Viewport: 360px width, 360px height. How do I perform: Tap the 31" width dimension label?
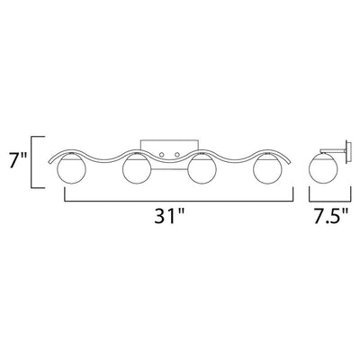[x=169, y=215]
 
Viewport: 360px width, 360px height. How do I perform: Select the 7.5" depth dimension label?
[x=331, y=215]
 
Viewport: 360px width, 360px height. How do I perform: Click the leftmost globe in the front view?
[x=72, y=169]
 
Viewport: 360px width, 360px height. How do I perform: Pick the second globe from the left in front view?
[x=137, y=169]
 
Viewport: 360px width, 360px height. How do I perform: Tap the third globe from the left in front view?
[x=202, y=169]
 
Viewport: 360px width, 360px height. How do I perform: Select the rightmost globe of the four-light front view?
[x=267, y=169]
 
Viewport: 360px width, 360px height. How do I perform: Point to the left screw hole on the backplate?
[x=162, y=155]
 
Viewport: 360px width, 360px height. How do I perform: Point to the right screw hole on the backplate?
[x=177, y=155]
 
